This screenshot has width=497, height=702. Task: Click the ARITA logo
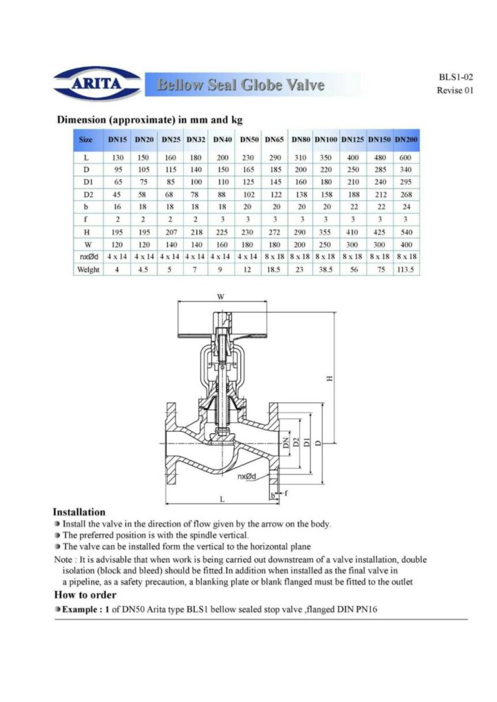coord(97,84)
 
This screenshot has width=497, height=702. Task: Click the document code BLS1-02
coord(455,77)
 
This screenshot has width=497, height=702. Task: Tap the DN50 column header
coord(249,140)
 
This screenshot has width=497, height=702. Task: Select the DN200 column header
coord(406,140)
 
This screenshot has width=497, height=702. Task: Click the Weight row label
coord(87,269)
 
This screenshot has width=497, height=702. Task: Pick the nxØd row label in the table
coord(86,256)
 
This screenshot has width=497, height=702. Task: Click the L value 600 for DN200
coord(406,158)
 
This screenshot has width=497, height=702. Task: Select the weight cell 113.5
coord(406,269)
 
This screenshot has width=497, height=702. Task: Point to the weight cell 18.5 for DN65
coord(275,269)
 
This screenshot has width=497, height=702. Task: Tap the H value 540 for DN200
coord(406,232)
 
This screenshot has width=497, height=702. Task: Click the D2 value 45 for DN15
coord(117,195)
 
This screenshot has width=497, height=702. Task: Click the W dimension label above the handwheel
coord(220,298)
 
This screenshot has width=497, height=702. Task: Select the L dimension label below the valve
coord(221,498)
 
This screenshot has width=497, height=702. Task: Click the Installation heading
coord(80,512)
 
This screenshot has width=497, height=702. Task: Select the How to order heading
coord(85,594)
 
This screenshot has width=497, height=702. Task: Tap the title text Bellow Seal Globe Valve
coord(240,85)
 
